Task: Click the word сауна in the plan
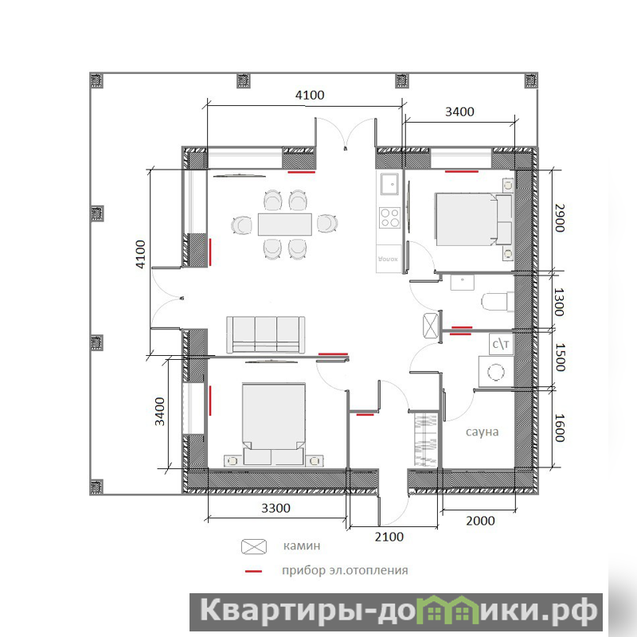482,432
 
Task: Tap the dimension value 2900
560,218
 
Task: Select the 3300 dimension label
276,508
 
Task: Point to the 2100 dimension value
389,537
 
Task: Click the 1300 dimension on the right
560,302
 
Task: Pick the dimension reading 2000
480,521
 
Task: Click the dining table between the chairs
285,225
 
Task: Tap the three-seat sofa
266,334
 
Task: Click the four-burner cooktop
389,217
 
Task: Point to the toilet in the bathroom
498,302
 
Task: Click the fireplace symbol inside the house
430,326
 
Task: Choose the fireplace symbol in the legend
254,546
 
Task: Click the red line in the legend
253,571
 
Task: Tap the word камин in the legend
302,545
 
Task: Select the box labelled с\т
501,345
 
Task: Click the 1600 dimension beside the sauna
560,428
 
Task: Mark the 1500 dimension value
560,358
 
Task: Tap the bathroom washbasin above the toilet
463,283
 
